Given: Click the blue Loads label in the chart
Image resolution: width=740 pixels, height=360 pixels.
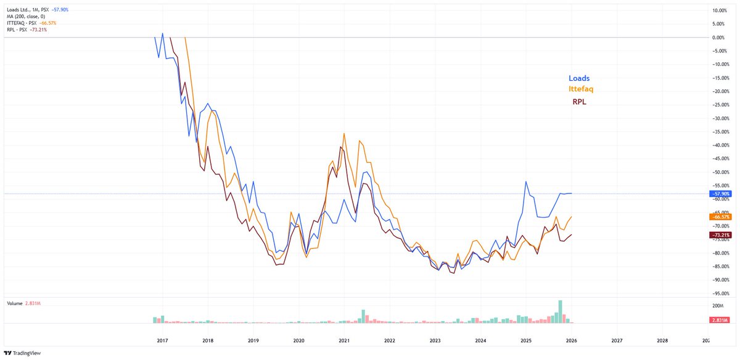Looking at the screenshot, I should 579,78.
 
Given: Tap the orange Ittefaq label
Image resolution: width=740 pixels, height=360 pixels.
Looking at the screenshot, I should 580,89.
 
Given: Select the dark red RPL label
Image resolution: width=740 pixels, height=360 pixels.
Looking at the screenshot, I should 580,102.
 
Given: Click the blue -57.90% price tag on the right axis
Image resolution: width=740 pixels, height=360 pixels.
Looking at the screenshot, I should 720,194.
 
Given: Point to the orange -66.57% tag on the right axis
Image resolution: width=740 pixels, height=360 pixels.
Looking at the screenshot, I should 720,217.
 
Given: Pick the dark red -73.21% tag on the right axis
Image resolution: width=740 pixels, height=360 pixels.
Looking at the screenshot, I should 720,235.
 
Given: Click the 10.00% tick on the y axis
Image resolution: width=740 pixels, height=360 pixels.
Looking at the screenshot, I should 720,10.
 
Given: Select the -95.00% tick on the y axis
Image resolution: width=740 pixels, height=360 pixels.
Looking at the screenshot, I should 720,293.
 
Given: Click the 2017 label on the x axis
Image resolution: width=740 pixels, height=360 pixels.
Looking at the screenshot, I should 162,340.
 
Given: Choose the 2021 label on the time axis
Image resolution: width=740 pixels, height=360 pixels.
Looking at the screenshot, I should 344,340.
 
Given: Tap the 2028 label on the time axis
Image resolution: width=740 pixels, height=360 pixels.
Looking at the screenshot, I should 662,340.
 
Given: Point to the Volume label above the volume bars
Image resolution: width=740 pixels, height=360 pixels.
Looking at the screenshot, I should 14,304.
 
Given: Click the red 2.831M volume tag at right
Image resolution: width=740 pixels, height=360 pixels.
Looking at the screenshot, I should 720,319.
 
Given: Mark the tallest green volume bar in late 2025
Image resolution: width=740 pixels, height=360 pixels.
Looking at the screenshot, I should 561,311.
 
